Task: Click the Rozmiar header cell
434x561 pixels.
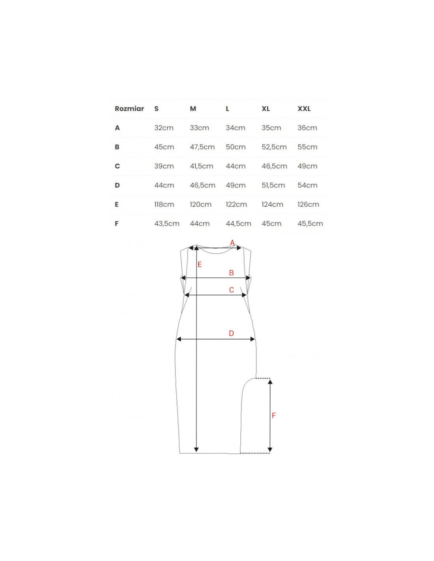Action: tap(129, 109)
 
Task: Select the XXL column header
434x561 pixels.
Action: tap(304, 109)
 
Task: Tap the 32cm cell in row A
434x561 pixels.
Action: tap(164, 128)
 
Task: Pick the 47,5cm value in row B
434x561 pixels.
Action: tap(202, 147)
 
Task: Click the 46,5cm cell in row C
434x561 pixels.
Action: tap(274, 166)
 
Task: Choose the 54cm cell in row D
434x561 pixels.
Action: tap(307, 185)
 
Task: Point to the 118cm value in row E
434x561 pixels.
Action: tap(164, 204)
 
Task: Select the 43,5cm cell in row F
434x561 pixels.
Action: tap(167, 224)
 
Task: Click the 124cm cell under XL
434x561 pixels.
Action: tap(272, 204)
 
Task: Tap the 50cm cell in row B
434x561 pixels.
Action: tap(236, 147)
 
